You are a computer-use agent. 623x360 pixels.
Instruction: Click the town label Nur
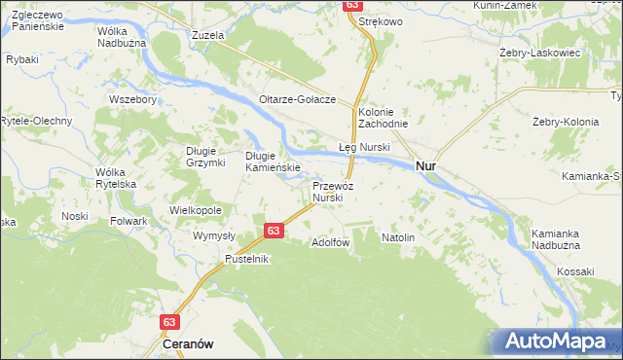click(x=425, y=166)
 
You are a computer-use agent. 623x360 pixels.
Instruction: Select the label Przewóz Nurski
click(x=327, y=191)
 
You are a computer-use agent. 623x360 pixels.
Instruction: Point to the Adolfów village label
click(x=329, y=241)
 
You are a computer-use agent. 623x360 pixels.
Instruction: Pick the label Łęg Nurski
click(x=364, y=147)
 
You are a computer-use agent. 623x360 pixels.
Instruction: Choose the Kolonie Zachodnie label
click(x=382, y=118)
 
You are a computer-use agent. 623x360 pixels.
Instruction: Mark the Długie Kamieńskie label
click(x=272, y=161)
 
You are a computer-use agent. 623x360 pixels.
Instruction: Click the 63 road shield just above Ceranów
click(x=171, y=321)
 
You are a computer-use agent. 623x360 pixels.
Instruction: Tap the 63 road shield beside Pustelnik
click(x=274, y=231)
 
